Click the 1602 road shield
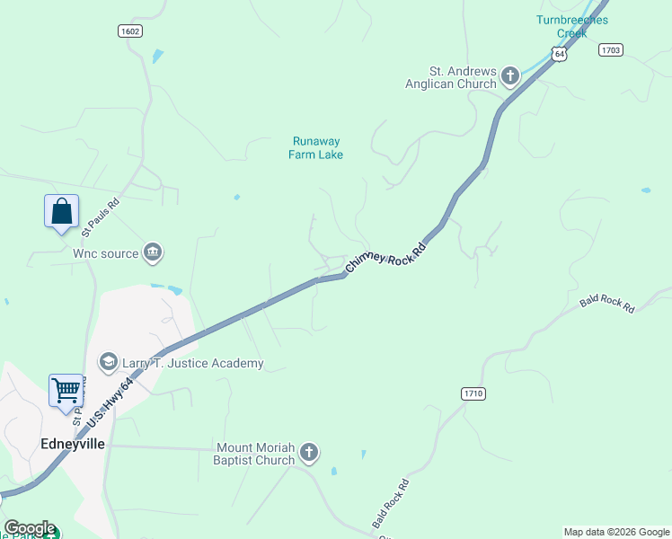(x=130, y=31)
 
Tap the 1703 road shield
(x=610, y=50)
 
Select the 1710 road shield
(x=473, y=393)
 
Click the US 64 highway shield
(x=561, y=55)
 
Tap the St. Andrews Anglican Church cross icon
(x=510, y=76)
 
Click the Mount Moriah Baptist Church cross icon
(x=309, y=453)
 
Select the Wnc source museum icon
(x=153, y=253)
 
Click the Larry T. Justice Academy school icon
(x=109, y=363)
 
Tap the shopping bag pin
(x=61, y=212)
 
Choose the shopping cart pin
(x=66, y=392)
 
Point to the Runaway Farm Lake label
(x=315, y=147)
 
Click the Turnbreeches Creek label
(x=571, y=26)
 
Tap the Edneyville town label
(x=68, y=444)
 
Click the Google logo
(x=29, y=528)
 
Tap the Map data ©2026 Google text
(x=615, y=532)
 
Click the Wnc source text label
(x=106, y=254)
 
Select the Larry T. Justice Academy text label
(x=192, y=363)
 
